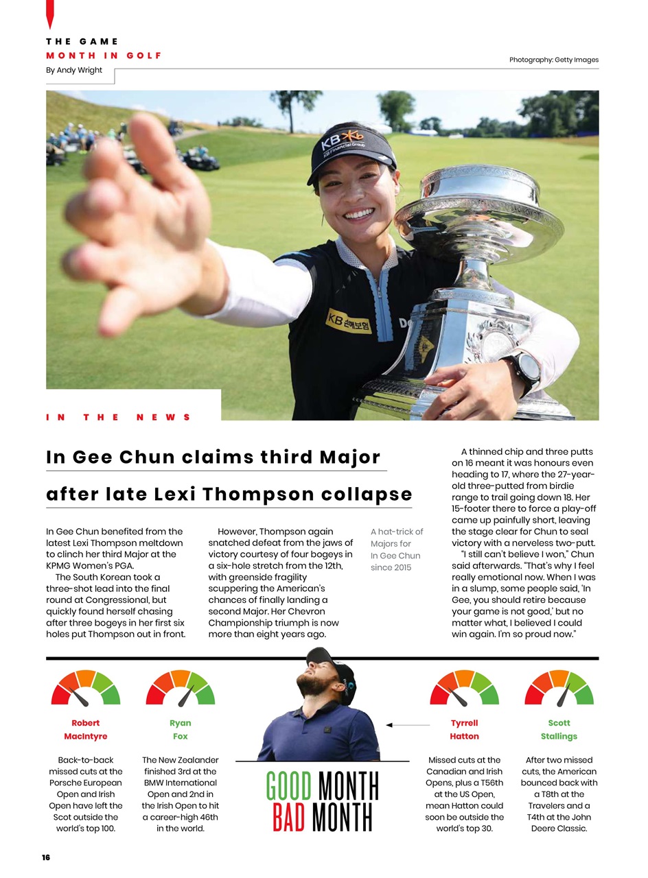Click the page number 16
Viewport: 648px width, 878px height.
tap(46, 857)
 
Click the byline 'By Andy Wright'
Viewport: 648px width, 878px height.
tap(73, 70)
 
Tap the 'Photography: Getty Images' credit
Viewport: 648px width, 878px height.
tap(553, 60)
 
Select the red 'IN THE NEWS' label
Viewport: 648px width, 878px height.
tap(118, 417)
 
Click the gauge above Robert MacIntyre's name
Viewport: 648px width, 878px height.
tap(85, 689)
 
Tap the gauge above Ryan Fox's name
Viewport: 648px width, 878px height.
tap(181, 689)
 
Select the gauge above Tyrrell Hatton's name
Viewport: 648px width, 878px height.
tap(464, 689)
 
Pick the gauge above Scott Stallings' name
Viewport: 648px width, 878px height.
tap(559, 689)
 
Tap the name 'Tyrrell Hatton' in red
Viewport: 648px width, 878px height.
tap(464, 729)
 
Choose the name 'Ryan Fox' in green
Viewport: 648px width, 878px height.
tap(181, 729)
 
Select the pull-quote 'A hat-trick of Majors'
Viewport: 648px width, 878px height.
tap(396, 549)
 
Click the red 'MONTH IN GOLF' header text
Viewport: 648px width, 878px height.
tap(104, 56)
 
